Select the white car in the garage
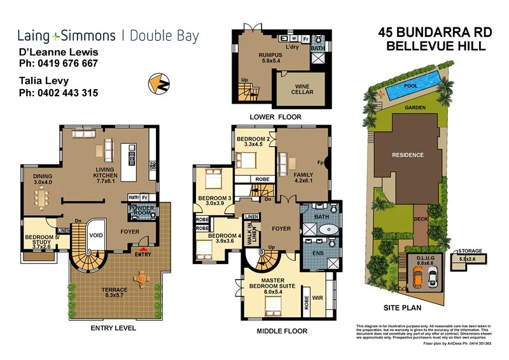coord(433,275)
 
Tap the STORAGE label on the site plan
coord(470,251)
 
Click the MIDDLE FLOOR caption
coord(281,331)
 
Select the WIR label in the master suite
coord(316,297)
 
